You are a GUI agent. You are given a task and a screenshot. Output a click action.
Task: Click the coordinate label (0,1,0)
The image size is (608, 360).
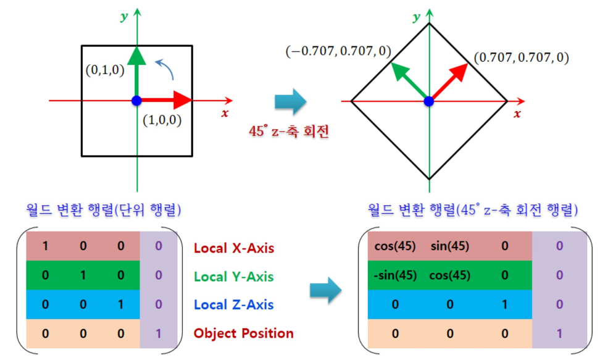coord(105,70)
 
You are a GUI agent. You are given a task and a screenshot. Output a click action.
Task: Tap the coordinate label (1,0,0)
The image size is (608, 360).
coord(162,120)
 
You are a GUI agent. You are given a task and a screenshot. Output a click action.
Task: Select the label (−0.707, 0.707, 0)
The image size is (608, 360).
coord(338,51)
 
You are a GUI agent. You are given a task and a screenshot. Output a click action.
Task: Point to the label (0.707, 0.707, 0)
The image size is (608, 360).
coord(521,58)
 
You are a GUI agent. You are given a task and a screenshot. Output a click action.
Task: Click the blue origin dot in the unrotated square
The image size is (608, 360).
coord(136,101)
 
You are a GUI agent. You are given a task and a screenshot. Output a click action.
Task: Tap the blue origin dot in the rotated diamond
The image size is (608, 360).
coord(428,101)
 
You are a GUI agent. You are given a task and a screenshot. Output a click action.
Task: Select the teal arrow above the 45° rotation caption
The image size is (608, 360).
coord(290,101)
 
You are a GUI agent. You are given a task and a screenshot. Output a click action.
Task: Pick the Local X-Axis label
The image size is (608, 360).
coord(234,248)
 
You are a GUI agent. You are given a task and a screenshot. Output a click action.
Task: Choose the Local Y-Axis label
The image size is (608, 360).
coord(234,277)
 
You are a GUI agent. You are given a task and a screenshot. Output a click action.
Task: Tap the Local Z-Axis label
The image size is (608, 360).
coord(233,305)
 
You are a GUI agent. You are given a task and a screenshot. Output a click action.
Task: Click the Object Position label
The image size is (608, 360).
coord(243,333)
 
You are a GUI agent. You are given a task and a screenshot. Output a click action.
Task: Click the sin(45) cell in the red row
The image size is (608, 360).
coord(449,246)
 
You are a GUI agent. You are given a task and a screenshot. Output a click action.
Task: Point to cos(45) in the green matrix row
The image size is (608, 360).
coord(449,275)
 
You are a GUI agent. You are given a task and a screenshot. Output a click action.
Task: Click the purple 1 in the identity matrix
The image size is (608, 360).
coord(159,333)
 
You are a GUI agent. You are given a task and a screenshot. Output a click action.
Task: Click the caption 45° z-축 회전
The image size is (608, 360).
coord(288,132)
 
